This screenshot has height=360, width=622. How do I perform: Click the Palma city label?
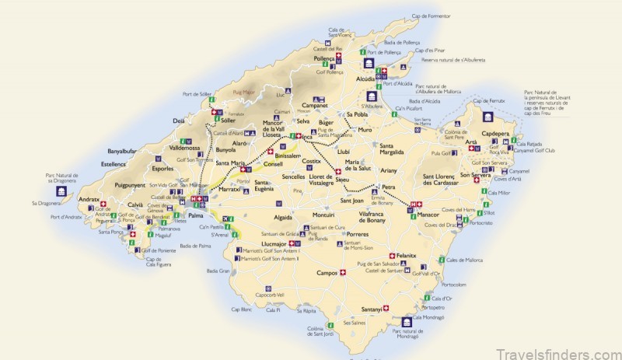196,215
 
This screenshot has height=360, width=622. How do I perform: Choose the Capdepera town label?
500,133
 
